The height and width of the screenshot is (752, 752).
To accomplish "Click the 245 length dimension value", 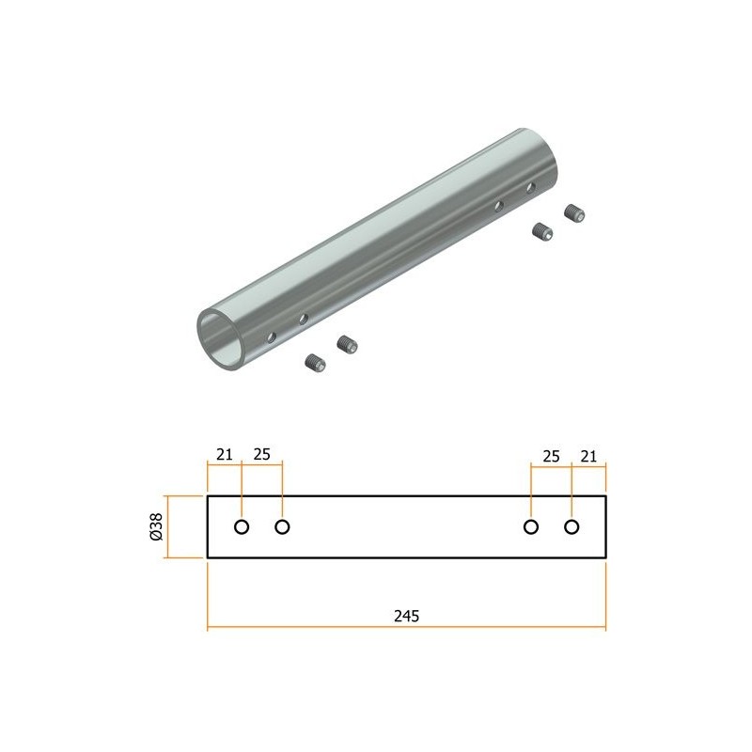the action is [x=406, y=616].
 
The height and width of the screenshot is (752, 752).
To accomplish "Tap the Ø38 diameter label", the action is [x=156, y=526].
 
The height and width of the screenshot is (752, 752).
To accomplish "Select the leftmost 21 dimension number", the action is [x=224, y=454].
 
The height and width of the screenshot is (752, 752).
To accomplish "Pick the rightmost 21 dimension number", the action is [x=588, y=456].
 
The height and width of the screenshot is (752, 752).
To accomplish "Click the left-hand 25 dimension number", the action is [x=262, y=454].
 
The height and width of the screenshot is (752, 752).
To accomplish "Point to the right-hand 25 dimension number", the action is [x=551, y=456].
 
